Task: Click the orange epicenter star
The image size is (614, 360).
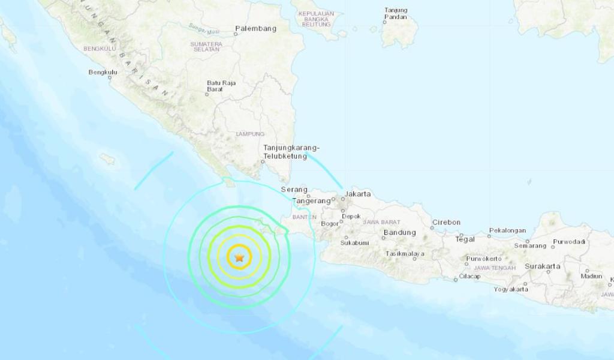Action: click(239, 258)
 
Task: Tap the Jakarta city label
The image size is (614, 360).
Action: click(358, 194)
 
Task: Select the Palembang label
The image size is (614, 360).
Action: click(255, 28)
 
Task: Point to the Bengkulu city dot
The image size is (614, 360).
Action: click(110, 77)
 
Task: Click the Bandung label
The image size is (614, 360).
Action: click(399, 233)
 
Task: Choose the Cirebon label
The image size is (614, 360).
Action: click(446, 222)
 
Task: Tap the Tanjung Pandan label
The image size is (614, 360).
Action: click(396, 14)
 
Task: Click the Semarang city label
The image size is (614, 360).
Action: click(530, 246)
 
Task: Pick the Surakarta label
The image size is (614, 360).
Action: click(543, 266)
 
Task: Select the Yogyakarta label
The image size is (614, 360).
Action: click(511, 289)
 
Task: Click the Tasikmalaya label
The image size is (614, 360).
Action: click(405, 254)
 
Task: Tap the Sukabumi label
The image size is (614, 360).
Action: click(354, 243)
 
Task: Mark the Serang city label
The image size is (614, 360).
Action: click(294, 190)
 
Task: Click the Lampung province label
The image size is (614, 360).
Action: click(250, 134)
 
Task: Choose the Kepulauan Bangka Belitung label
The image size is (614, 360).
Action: click(316, 19)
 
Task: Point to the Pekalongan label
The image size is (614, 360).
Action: click(507, 230)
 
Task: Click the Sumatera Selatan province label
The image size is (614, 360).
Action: click(206, 47)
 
